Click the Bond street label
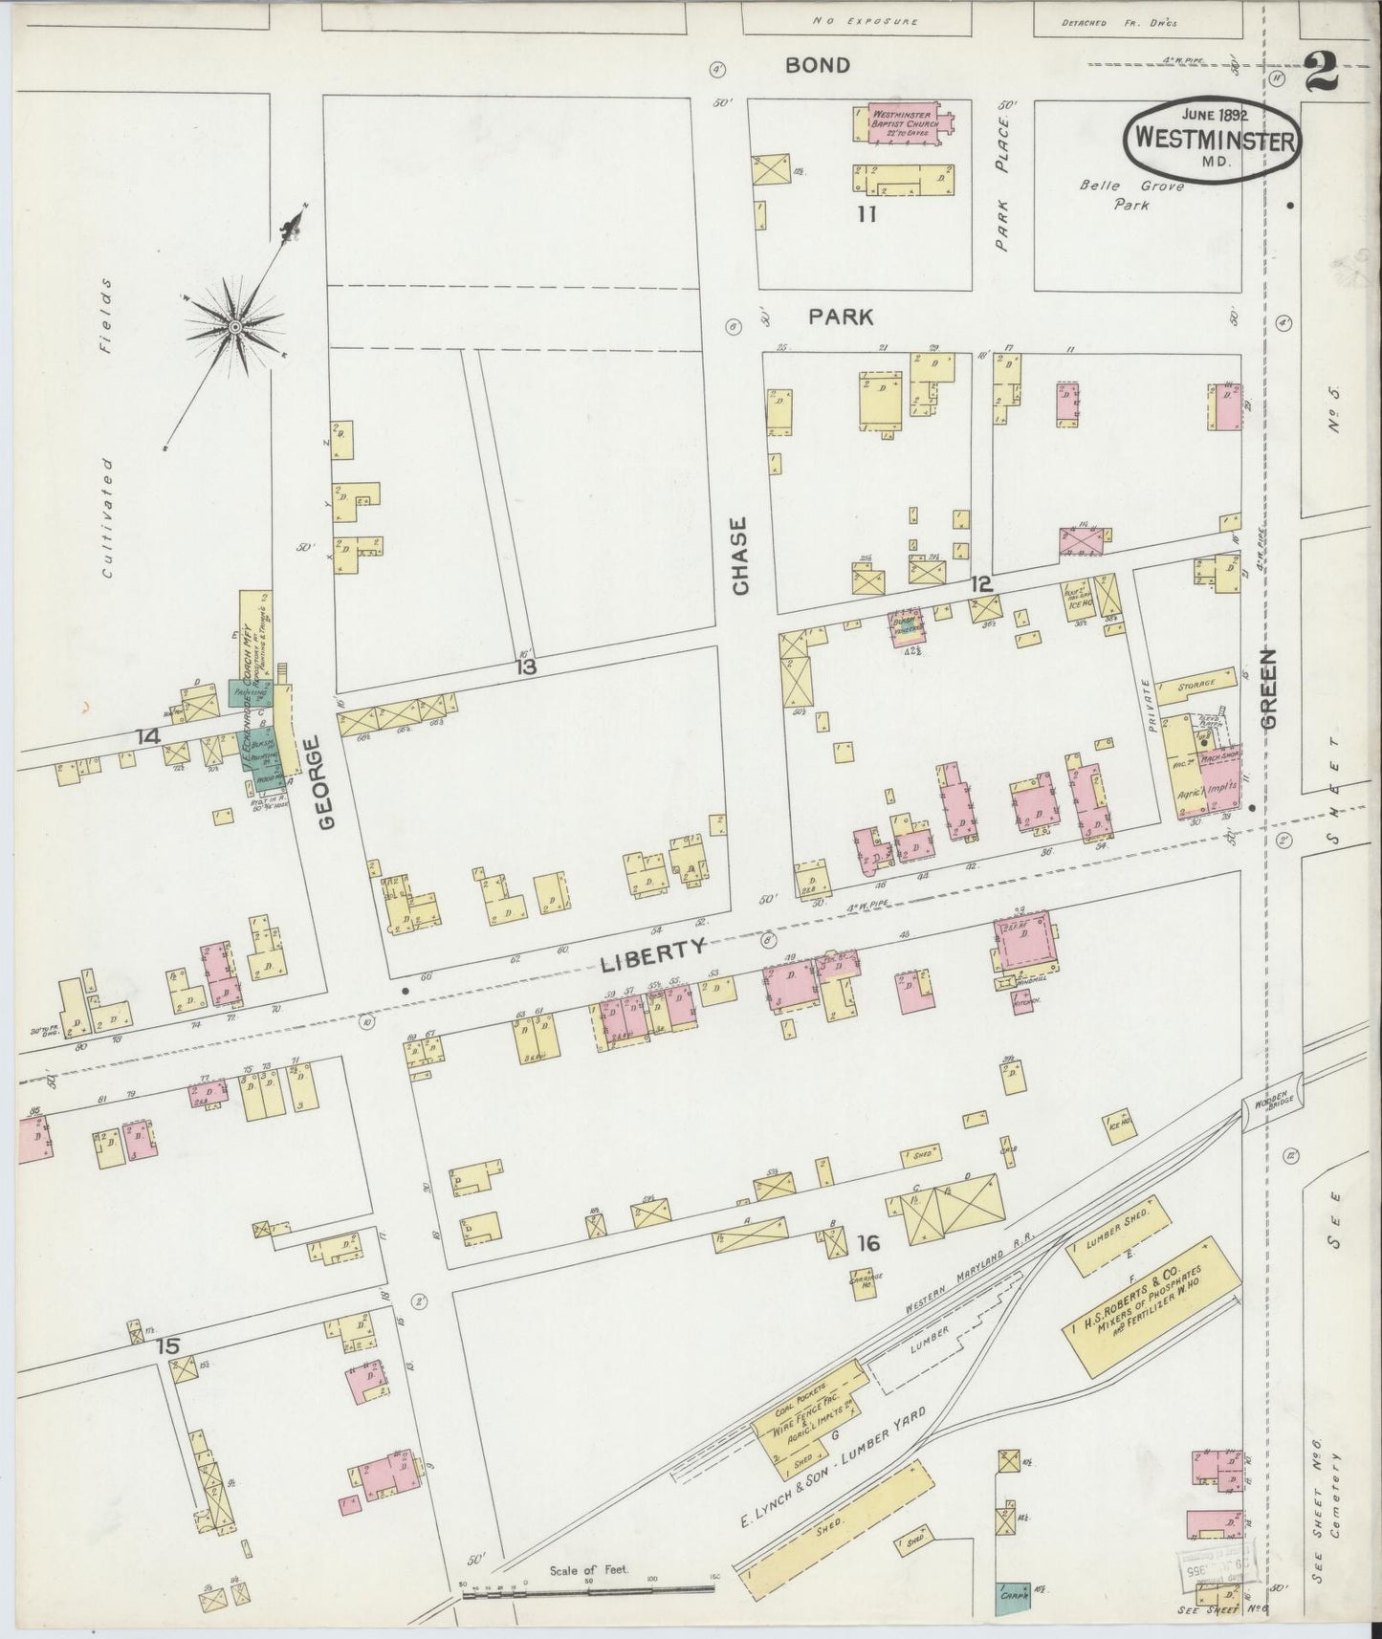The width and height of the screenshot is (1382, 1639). click(817, 65)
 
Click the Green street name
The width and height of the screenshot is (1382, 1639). click(1269, 688)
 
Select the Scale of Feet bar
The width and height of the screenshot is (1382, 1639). click(588, 1588)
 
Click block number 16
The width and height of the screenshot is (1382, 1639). click(867, 1243)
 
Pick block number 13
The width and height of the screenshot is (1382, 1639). click(526, 667)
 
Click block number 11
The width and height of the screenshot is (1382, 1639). click(866, 214)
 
